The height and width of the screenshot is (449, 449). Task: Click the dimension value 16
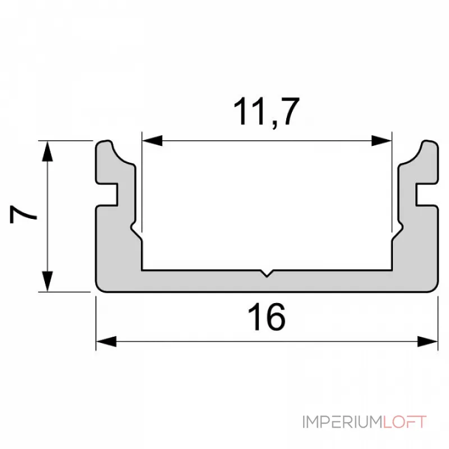point(267,318)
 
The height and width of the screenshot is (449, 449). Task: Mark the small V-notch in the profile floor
point(267,274)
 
